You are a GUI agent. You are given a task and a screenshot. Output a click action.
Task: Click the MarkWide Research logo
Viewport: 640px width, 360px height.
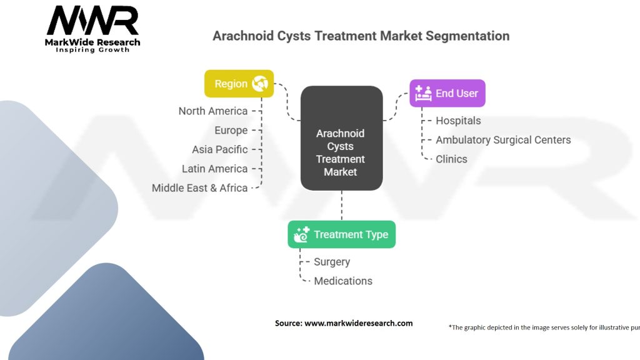(92, 29)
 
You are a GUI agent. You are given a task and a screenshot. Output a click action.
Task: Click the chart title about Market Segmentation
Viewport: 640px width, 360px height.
(361, 36)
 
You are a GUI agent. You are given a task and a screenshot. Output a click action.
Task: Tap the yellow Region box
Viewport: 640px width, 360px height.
(239, 84)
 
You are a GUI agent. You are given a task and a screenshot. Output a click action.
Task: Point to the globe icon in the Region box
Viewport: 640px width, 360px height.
(260, 84)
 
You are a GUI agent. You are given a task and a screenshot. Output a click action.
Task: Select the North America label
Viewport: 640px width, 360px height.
(213, 111)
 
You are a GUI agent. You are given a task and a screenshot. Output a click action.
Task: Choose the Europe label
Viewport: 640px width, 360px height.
(231, 130)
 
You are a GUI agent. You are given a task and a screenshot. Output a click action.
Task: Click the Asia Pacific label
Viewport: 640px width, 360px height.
(220, 149)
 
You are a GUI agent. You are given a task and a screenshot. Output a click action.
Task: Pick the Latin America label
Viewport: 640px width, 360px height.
(215, 169)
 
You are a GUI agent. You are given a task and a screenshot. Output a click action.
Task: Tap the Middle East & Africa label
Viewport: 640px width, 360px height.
(199, 187)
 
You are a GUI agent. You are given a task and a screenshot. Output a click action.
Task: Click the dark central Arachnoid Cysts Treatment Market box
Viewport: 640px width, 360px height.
(342, 138)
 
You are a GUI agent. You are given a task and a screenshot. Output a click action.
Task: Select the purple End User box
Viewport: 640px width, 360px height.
(447, 94)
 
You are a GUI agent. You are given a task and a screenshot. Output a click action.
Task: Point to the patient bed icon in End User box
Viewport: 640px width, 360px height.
(423, 94)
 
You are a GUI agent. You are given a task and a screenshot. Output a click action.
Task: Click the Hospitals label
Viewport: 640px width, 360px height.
(458, 121)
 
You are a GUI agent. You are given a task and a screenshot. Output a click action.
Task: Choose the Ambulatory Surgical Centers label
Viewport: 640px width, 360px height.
(503, 140)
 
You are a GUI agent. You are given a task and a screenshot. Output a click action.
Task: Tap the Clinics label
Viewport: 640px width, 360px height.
(451, 159)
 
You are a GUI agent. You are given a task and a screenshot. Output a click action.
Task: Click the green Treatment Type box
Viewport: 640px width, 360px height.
(342, 234)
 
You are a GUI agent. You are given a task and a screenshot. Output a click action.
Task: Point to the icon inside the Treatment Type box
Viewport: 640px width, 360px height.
(302, 235)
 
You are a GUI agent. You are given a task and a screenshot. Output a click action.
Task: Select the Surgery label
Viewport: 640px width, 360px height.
(332, 262)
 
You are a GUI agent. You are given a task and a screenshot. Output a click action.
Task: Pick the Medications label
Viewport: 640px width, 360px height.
(343, 281)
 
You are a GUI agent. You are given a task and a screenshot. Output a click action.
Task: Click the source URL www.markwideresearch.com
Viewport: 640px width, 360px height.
(358, 323)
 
